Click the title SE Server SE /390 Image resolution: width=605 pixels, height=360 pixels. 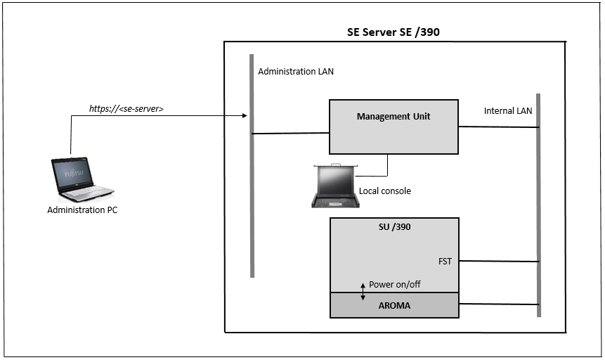click(393, 32)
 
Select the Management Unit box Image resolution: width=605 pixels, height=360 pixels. click(393, 127)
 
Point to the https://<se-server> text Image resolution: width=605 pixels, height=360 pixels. click(126, 109)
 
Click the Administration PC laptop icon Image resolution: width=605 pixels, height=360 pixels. click(82, 179)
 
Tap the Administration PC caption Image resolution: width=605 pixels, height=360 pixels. click(82, 210)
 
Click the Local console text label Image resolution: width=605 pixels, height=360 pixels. click(385, 191)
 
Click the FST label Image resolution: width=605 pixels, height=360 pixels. click(445, 262)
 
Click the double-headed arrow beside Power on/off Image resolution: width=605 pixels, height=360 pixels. click(363, 290)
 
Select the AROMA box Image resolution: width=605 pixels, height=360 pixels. click(393, 306)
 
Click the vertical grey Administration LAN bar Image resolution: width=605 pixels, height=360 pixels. click(251, 211)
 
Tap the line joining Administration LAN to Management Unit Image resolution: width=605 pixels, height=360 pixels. click(291, 133)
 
